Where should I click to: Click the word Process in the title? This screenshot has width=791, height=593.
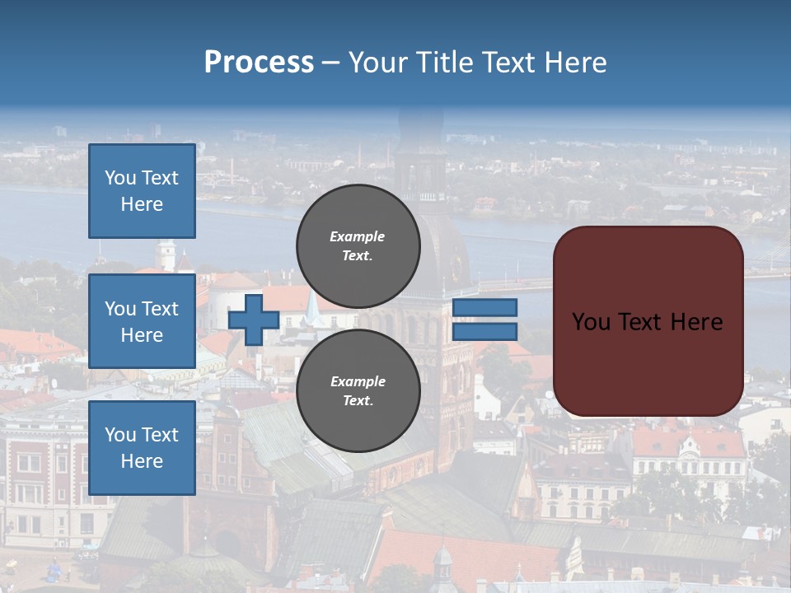point(259,63)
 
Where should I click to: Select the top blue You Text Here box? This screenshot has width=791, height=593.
point(142,191)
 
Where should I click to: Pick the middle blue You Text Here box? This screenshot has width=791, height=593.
point(142,321)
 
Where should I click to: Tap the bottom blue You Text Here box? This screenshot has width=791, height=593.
point(142,447)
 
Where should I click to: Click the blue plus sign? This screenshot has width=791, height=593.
point(254,320)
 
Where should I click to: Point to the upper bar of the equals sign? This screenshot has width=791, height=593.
point(484,308)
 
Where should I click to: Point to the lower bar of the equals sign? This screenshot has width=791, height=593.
point(484,332)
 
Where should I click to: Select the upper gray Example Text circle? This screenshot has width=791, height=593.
point(358,245)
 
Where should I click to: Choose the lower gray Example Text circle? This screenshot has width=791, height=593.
point(358,390)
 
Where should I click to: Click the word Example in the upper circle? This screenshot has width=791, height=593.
point(358,236)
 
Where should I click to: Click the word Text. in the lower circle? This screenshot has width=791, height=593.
point(358,401)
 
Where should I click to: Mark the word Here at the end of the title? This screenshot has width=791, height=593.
point(578,63)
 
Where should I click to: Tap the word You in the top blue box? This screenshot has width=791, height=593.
point(120,178)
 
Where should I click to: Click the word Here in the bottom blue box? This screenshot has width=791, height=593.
point(142,461)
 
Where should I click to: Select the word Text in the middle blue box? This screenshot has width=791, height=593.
point(160,309)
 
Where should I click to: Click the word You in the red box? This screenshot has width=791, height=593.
point(590,322)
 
